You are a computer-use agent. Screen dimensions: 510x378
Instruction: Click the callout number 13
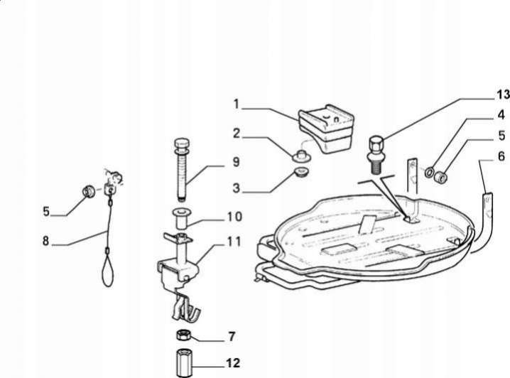click(502, 94)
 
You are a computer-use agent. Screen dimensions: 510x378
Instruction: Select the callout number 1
click(236, 104)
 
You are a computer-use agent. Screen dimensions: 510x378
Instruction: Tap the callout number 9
click(236, 162)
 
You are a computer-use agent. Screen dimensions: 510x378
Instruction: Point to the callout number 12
click(232, 362)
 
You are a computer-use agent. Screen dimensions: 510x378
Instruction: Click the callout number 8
click(45, 241)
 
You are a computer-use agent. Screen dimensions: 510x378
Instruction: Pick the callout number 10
click(234, 216)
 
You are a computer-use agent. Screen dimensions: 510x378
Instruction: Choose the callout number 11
click(234, 242)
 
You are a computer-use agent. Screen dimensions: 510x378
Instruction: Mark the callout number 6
click(501, 156)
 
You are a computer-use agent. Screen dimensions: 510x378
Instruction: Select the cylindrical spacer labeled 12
click(184, 362)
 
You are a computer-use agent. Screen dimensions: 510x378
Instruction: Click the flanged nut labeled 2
click(302, 156)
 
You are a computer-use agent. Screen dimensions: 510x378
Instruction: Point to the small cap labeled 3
click(300, 171)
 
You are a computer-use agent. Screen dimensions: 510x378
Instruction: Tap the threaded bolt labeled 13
click(376, 154)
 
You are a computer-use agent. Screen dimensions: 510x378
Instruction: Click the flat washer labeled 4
click(429, 171)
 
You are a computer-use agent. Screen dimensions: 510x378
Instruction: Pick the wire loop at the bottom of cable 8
click(108, 269)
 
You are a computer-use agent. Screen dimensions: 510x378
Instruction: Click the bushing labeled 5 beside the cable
click(88, 191)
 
